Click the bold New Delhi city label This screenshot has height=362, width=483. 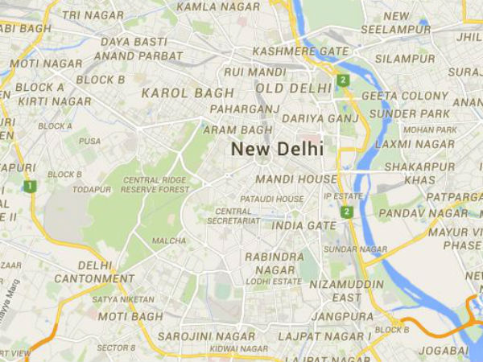click(x=277, y=149)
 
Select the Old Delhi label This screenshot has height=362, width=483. click(x=292, y=88)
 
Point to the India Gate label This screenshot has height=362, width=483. click(x=303, y=225)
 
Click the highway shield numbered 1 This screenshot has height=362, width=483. click(x=30, y=187)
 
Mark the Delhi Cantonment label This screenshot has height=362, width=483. click(x=105, y=272)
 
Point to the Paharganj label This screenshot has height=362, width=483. click(x=243, y=109)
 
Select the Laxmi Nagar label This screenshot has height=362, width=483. click(x=404, y=144)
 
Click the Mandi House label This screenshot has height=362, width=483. click(x=295, y=179)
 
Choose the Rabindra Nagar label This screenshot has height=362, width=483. click(x=274, y=263)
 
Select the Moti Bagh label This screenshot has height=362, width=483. click(x=130, y=316)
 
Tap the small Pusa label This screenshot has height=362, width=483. click(x=89, y=140)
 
